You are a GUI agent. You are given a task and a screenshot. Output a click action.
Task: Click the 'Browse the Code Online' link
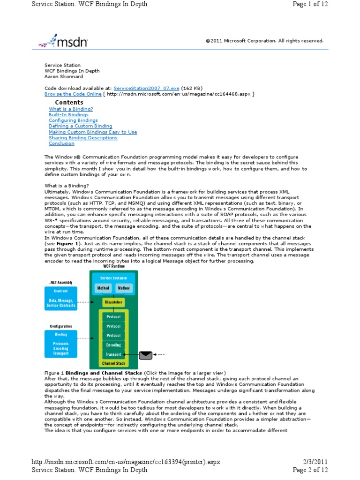(x=73, y=94)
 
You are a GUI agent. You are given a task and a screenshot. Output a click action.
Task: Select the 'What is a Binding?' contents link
(x=71, y=109)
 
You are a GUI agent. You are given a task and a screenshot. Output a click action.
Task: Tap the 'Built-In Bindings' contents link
(x=68, y=114)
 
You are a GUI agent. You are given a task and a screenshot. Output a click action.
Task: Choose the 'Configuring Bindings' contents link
(x=73, y=120)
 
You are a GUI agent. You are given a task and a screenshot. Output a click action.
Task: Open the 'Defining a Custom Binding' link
(x=80, y=126)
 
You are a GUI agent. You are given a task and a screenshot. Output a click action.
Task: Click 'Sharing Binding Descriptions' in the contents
(x=83, y=138)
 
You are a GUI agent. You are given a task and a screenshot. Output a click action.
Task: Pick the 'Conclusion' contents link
(x=61, y=143)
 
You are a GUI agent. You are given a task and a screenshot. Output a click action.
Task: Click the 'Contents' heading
(x=69, y=102)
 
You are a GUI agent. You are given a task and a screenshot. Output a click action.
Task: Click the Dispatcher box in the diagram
(x=113, y=302)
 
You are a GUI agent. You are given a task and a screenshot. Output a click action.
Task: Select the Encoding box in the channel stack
(x=113, y=345)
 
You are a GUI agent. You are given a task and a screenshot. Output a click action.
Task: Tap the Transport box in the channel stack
(x=113, y=354)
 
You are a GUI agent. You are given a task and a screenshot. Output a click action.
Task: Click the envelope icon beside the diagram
(x=146, y=354)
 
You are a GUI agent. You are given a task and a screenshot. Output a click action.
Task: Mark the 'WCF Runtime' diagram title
(x=113, y=266)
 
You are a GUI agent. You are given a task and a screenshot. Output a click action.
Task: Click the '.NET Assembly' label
(x=60, y=283)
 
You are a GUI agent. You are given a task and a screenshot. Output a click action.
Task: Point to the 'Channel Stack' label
(x=113, y=363)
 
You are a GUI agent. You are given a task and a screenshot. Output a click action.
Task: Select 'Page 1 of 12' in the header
(x=310, y=4)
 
